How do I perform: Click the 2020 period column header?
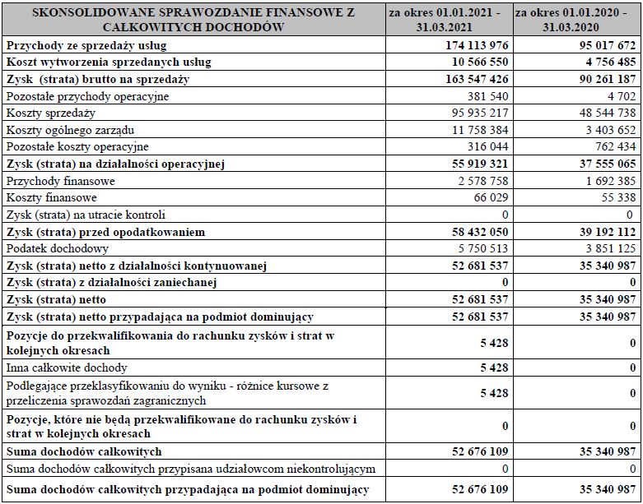click(x=576, y=20)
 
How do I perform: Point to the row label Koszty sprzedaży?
click(x=50, y=113)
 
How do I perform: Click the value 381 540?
click(x=487, y=96)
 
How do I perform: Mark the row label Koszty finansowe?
click(x=51, y=197)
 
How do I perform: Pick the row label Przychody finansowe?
click(x=60, y=181)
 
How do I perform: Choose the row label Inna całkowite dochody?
click(x=67, y=368)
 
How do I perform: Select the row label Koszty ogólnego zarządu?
click(x=69, y=130)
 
